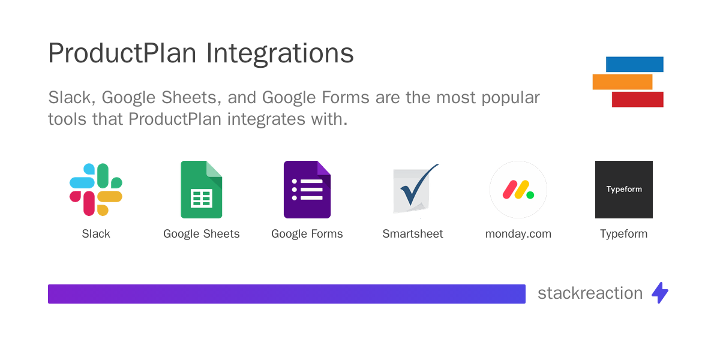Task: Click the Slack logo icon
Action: click(96, 190)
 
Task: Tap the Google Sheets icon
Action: click(202, 190)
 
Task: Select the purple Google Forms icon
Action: click(307, 190)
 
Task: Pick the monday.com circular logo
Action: click(518, 190)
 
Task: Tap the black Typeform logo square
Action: click(624, 190)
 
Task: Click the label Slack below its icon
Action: click(96, 234)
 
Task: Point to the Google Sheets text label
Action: click(202, 234)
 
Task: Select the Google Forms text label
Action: click(307, 234)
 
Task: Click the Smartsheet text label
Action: click(413, 234)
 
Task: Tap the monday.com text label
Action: click(518, 234)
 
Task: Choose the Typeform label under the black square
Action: click(624, 234)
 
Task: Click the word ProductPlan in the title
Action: click(122, 54)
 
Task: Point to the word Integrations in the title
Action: click(280, 54)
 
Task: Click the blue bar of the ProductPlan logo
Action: click(635, 64)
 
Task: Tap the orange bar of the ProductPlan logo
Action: click(622, 82)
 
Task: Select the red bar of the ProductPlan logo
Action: click(637, 100)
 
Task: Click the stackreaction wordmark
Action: click(590, 293)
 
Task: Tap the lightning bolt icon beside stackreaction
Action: click(660, 293)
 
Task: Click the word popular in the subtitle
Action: click(509, 97)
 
